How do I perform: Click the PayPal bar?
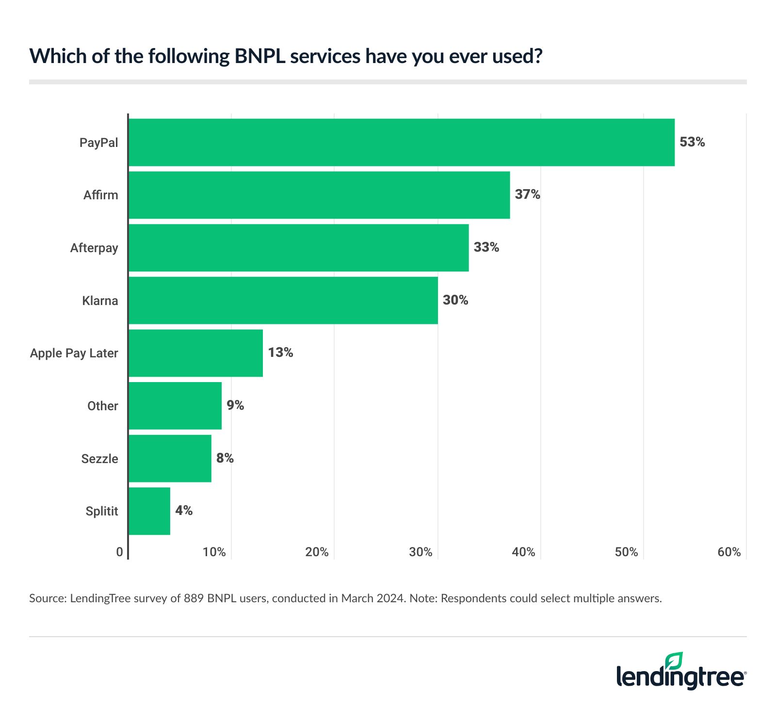point(402,142)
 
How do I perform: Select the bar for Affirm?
point(319,195)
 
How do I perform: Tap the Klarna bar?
point(283,300)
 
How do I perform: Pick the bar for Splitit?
point(149,511)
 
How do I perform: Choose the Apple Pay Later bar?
point(196,353)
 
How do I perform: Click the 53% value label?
point(692,142)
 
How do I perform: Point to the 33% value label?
point(486,247)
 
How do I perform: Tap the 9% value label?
point(235,405)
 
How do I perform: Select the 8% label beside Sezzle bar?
point(225,458)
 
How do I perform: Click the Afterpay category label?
point(94,248)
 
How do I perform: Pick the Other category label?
point(102,406)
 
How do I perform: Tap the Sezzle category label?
point(99,459)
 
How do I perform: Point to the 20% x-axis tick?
point(317,552)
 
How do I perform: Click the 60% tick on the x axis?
point(729,552)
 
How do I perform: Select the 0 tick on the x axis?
point(120,552)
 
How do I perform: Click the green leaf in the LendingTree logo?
point(674,661)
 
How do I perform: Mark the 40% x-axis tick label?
point(523,552)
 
